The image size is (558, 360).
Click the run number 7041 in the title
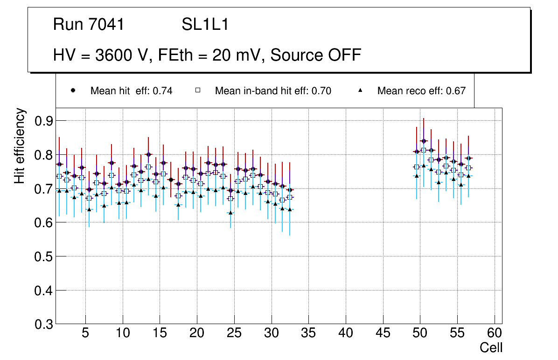tap(107, 25)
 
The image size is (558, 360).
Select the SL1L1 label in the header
tap(205, 25)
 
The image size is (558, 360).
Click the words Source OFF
tap(316, 55)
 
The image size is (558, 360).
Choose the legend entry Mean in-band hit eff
tap(273, 91)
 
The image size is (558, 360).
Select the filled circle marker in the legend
tap(73, 90)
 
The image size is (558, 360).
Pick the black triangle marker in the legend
tap(360, 90)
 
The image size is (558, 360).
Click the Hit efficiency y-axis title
tap(20, 145)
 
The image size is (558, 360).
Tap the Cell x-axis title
tap(491, 347)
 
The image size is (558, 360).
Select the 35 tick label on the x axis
tap(309, 333)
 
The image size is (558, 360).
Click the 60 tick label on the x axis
tap(495, 333)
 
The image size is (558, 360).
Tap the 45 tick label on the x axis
tap(383, 333)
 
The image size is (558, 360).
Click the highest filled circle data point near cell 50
tap(424, 141)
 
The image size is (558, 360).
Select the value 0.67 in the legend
tap(456, 91)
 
